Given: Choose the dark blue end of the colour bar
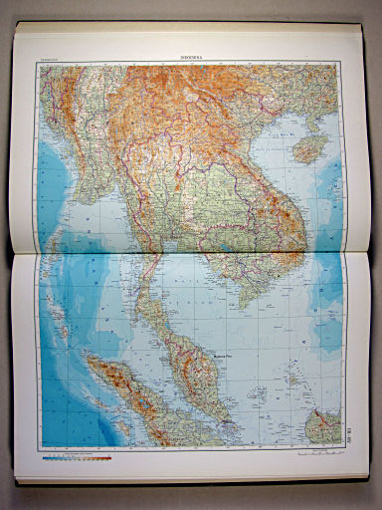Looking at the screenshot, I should point(45,461).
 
